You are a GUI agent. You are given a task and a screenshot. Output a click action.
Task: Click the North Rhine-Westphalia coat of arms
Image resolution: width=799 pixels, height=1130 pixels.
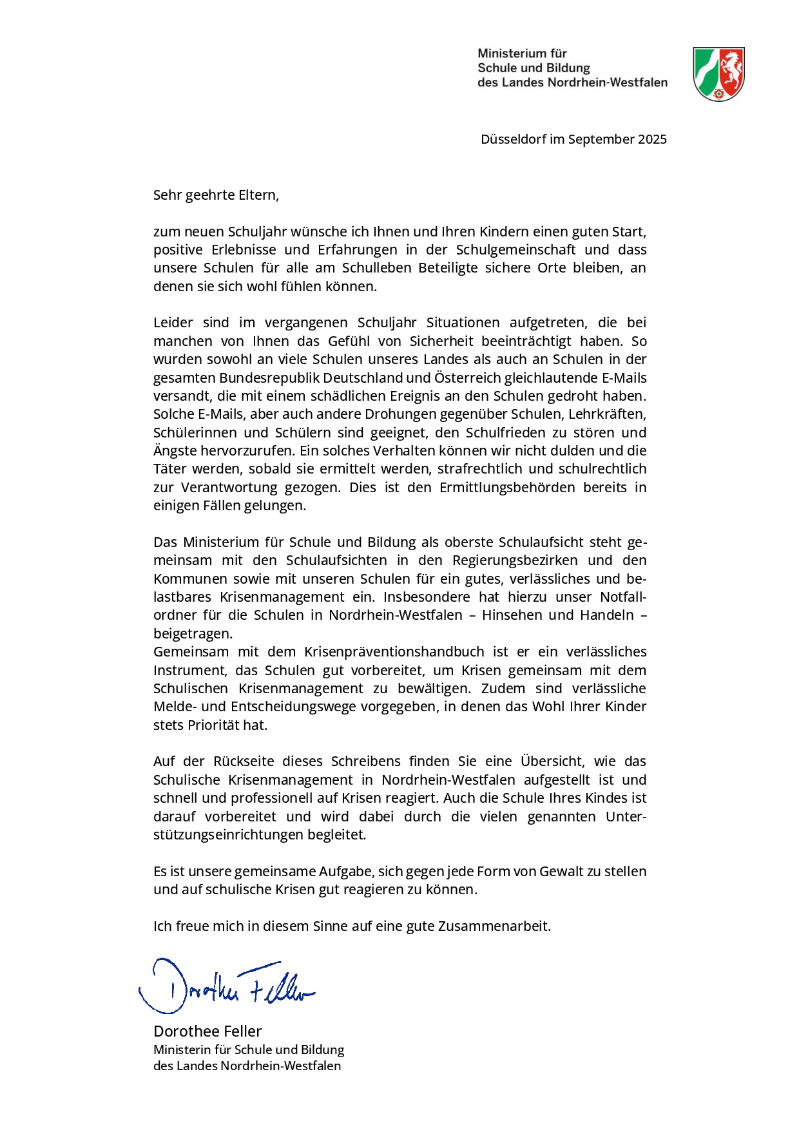[x=718, y=73]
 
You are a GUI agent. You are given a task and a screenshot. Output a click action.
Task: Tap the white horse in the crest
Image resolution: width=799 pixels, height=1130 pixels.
[x=731, y=68]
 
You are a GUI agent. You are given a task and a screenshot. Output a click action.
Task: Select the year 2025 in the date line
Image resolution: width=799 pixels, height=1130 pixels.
[x=652, y=139]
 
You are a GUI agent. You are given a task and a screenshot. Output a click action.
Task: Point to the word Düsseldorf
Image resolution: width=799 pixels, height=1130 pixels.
[x=514, y=139]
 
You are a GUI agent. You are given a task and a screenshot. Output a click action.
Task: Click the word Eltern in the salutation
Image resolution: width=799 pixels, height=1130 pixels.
[x=258, y=195]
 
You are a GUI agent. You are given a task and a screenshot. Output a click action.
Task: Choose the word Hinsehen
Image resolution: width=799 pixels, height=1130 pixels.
[x=512, y=615]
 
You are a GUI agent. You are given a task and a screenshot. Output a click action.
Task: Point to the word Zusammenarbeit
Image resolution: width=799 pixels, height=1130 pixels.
[x=494, y=926]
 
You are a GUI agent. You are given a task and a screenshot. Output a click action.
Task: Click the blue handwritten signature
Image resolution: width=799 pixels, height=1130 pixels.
[x=226, y=986]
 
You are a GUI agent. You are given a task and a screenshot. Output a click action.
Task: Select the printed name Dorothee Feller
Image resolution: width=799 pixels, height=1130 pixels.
[x=207, y=1031]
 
